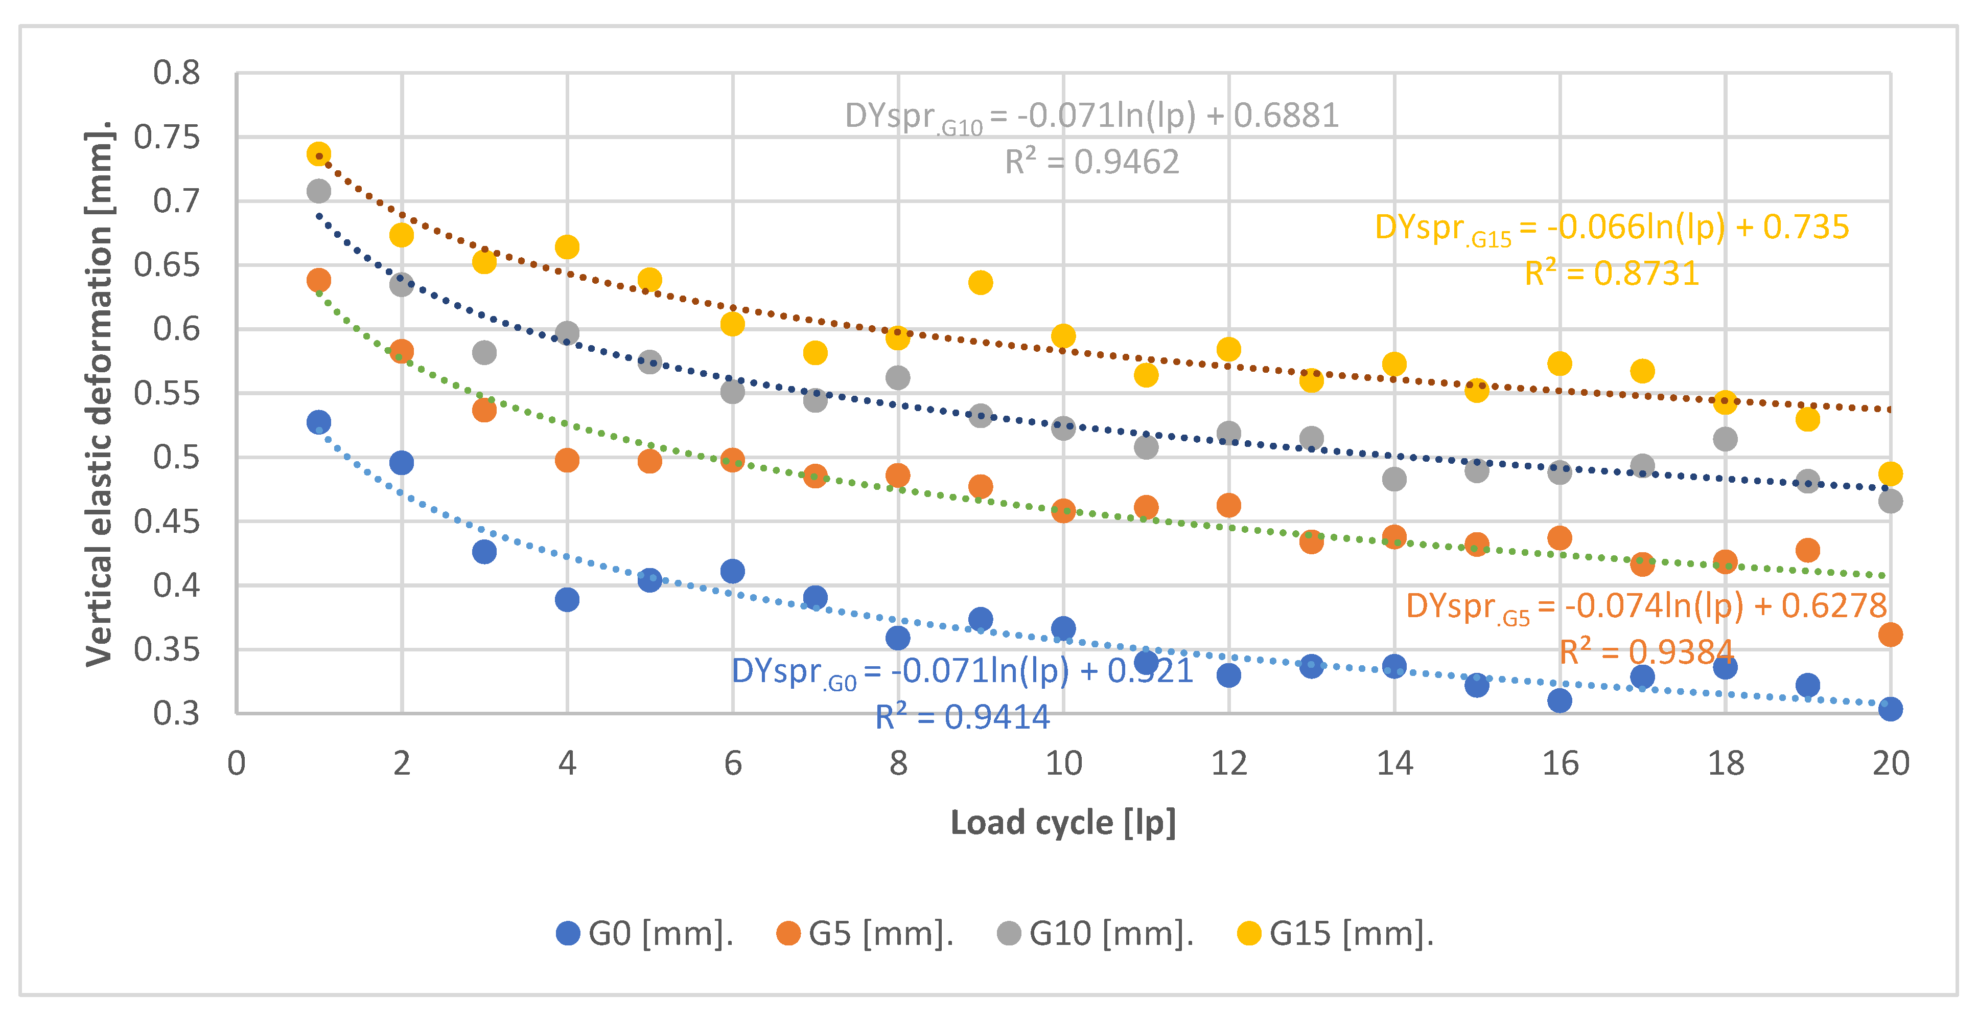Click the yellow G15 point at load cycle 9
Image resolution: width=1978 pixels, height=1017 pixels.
coord(980,283)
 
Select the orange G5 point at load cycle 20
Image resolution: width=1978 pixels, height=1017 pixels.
coord(1891,635)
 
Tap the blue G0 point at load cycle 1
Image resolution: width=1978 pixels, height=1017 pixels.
coord(319,422)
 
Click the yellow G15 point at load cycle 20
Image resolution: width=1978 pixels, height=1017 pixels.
coord(1891,474)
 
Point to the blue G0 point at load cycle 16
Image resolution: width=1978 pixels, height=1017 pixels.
coord(1560,700)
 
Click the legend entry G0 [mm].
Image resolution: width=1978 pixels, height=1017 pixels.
coord(645,933)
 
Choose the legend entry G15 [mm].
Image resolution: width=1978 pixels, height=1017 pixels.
coord(1336,933)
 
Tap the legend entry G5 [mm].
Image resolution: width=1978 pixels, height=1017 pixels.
coord(866,933)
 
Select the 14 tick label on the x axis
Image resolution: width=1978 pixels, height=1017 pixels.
coord(1394,763)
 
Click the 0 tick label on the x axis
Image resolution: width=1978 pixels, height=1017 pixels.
coord(237,763)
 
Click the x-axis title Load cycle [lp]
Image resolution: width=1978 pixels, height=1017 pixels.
coord(1063,823)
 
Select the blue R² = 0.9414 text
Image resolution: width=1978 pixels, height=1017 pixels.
coord(962,717)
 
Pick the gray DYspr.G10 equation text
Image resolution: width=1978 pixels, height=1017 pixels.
coord(1091,117)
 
